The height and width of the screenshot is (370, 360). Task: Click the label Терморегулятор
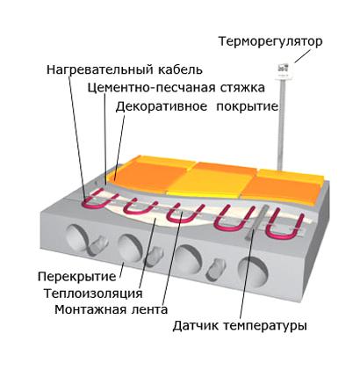(x=270, y=41)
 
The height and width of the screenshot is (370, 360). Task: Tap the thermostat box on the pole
(x=284, y=70)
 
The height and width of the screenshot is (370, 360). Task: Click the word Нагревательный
(x=100, y=70)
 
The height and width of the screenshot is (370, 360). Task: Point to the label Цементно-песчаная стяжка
(x=176, y=88)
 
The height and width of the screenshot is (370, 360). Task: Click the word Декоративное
(x=162, y=106)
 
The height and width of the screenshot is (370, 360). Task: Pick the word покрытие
(x=247, y=106)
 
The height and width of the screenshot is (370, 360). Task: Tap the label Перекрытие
(x=77, y=276)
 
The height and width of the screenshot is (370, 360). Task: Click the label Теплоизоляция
(x=93, y=294)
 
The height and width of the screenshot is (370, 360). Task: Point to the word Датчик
(x=195, y=326)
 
